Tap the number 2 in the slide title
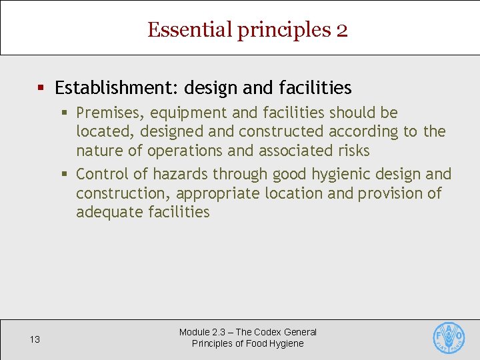coord(341,30)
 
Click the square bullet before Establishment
coord(41,88)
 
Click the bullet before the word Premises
coord(65,113)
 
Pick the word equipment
coord(190,113)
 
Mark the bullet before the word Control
coord(65,175)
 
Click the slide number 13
coord(35,339)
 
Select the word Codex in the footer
coord(269,332)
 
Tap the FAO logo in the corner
coord(449,338)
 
